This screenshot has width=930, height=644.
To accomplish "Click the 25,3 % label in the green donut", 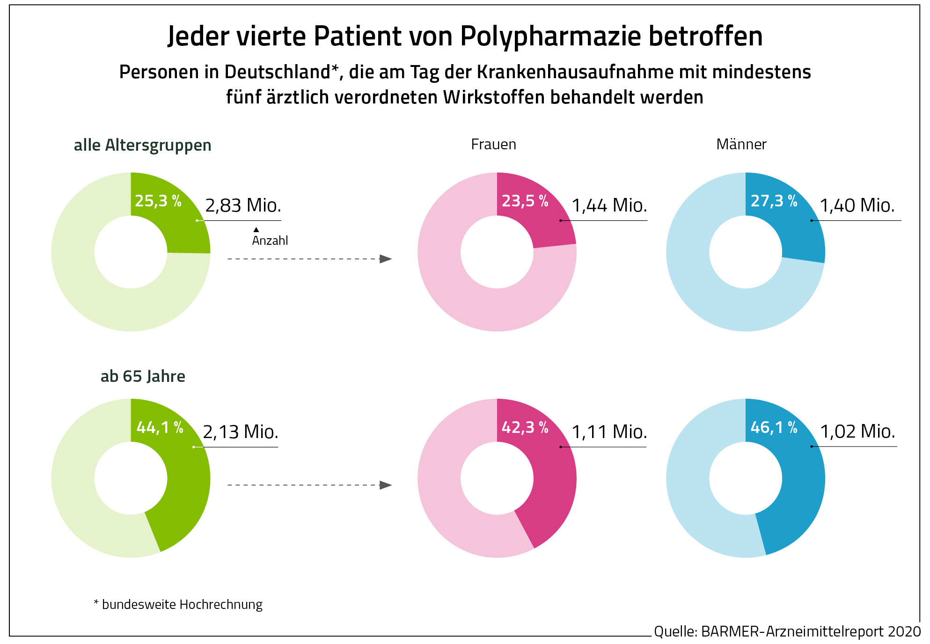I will tap(158, 201).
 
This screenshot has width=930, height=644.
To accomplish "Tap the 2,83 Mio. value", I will tap(243, 205).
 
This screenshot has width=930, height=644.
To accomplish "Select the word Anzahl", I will tap(270, 241).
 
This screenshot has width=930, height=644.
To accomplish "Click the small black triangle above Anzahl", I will tap(256, 230).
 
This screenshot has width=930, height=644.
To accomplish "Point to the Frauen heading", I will tap(493, 144).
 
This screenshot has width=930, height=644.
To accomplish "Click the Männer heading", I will tap(741, 144).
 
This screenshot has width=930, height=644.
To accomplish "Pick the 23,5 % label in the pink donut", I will tap(525, 201).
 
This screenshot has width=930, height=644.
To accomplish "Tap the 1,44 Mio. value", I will tap(609, 205).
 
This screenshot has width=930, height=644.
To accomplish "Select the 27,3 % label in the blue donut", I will tap(774, 201).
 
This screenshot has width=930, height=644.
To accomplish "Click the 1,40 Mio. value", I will tap(857, 205).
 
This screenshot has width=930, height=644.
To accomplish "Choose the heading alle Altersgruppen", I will tap(142, 145).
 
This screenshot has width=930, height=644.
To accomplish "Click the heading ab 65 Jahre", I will tap(143, 376).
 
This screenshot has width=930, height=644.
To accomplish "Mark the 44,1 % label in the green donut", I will tap(160, 427).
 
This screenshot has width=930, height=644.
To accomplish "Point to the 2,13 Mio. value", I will tap(241, 432).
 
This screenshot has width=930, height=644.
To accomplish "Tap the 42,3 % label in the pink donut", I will tap(525, 427).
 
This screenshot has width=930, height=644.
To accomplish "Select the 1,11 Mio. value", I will tap(609, 432).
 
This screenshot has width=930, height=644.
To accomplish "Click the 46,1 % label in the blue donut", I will tap(774, 427).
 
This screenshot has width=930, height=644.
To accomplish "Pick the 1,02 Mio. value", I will tap(857, 432).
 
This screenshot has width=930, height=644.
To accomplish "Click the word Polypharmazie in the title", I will tap(550, 37).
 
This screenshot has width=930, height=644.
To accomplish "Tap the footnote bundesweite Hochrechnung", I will tap(182, 605).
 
